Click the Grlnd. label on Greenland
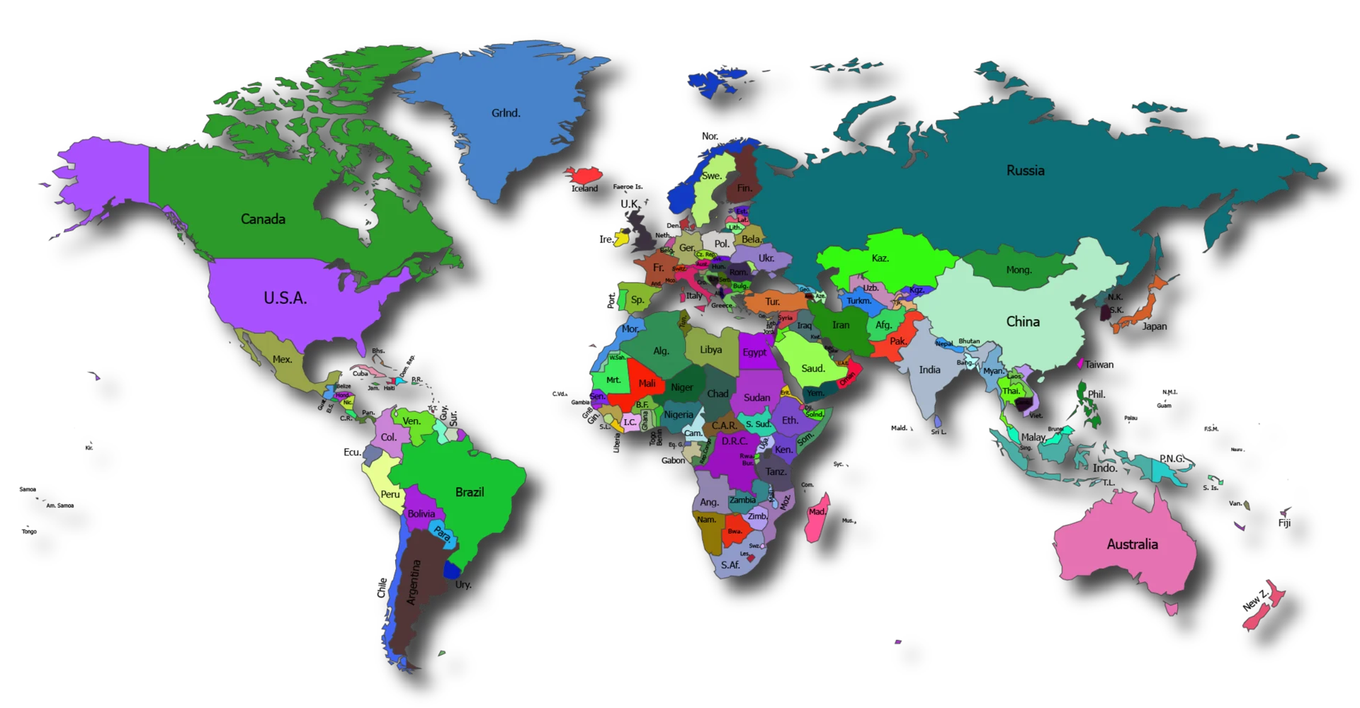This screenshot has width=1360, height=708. [x=506, y=113]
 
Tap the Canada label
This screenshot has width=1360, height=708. [x=263, y=219]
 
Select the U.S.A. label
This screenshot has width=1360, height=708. [x=285, y=299]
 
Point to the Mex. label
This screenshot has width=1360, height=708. [x=283, y=360]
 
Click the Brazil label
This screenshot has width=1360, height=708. [x=470, y=492]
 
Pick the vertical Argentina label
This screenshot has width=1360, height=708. [x=414, y=582]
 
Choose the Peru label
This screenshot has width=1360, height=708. [x=390, y=494]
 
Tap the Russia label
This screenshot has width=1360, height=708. [x=1025, y=171]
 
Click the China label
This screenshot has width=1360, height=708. [x=1023, y=322]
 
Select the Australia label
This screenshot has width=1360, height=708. [x=1132, y=544]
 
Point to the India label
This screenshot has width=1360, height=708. [x=929, y=370]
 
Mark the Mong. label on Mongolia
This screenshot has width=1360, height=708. [x=1019, y=270]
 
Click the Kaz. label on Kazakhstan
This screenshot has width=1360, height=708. [x=880, y=258]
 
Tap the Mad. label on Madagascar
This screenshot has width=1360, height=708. [x=817, y=512]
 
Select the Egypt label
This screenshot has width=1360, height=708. [x=754, y=353]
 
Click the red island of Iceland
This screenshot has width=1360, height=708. [x=584, y=174]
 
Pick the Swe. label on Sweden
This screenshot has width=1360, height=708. [x=711, y=176]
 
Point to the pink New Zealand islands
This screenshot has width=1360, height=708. [x=1264, y=605]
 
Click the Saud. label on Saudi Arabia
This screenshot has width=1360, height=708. [x=812, y=368]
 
